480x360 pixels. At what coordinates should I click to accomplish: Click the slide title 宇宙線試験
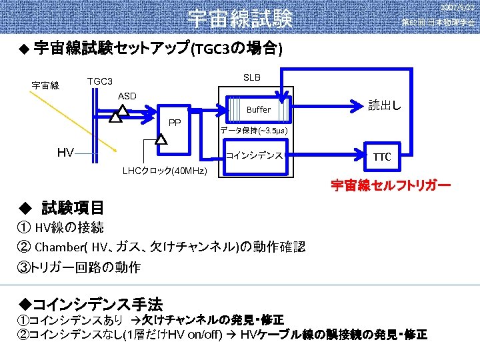pos(240,18)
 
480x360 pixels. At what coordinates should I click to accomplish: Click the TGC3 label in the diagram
pos(100,81)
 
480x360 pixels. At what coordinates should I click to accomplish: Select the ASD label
pos(127,96)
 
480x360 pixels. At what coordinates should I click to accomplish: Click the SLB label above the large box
pos(252,77)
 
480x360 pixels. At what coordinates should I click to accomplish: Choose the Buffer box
pos(259,109)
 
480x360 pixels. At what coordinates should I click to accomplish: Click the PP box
pos(175,123)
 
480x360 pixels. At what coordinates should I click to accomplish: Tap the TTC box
pos(382,157)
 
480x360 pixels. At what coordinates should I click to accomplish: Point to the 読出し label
pos(385,105)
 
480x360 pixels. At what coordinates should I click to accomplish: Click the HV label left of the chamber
pos(65,153)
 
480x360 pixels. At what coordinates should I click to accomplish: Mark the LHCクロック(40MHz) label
pos(165,171)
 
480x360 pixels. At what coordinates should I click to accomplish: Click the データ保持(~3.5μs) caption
pos(253,131)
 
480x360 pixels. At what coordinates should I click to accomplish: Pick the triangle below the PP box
pos(161,139)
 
